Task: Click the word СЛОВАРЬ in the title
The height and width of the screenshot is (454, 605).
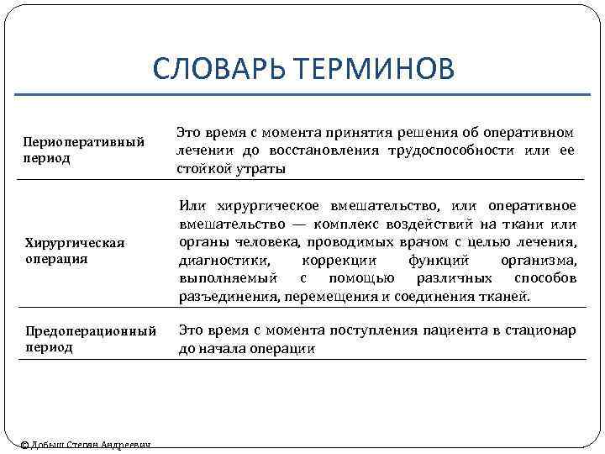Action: click(x=219, y=70)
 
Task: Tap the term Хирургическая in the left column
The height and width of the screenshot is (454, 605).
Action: click(x=73, y=243)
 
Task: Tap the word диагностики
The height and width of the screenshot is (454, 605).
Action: click(x=221, y=261)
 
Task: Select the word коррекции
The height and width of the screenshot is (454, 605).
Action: click(x=336, y=261)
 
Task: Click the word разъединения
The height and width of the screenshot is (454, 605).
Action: click(x=229, y=297)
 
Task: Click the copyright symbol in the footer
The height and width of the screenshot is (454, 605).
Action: click(x=24, y=446)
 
